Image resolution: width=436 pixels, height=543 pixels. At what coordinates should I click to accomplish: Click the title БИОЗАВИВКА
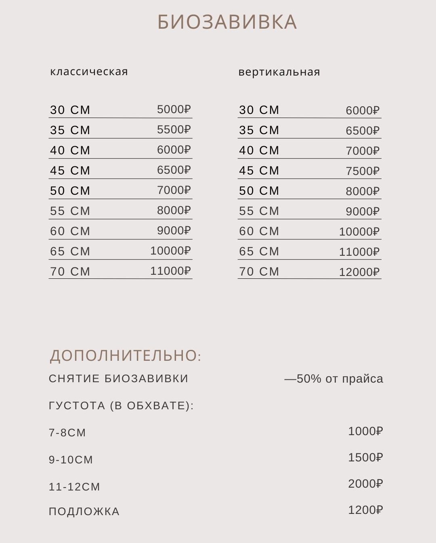tap(227, 22)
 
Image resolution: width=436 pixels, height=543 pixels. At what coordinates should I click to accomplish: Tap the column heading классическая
tap(89, 72)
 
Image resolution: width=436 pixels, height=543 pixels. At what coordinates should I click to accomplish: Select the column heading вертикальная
tap(279, 72)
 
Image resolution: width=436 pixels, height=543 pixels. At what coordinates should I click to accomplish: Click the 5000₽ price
tap(174, 109)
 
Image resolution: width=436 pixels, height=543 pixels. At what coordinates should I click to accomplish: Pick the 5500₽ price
tap(174, 130)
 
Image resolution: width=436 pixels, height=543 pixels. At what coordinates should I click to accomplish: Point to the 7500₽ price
tap(362, 171)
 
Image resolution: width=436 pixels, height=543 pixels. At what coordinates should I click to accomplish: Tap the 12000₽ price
tap(359, 272)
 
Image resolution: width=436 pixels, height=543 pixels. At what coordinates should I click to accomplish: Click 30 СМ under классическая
tap(70, 110)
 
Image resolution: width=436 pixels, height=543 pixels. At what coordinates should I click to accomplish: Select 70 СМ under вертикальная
tap(259, 271)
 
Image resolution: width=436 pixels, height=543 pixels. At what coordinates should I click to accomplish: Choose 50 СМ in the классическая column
tap(70, 191)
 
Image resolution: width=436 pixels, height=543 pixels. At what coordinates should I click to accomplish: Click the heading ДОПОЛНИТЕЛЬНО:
tap(125, 356)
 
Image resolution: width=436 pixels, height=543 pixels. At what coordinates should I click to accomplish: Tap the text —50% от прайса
tap(333, 379)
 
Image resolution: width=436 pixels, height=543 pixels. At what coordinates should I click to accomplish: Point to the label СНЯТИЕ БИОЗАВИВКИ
tap(118, 379)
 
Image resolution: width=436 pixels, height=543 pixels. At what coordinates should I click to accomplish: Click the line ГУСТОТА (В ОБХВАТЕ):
tap(121, 406)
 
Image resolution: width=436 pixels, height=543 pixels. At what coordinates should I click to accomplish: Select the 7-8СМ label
tap(67, 433)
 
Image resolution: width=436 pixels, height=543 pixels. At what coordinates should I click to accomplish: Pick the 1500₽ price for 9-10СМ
tap(365, 458)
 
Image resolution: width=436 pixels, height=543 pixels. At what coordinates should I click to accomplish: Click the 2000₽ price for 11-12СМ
tap(365, 484)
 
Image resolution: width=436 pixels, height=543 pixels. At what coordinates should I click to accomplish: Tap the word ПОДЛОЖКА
tap(84, 511)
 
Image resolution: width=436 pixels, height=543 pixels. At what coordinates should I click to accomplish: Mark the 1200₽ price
tap(365, 510)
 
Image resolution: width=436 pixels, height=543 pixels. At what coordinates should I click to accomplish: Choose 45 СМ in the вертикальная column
tap(259, 170)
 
